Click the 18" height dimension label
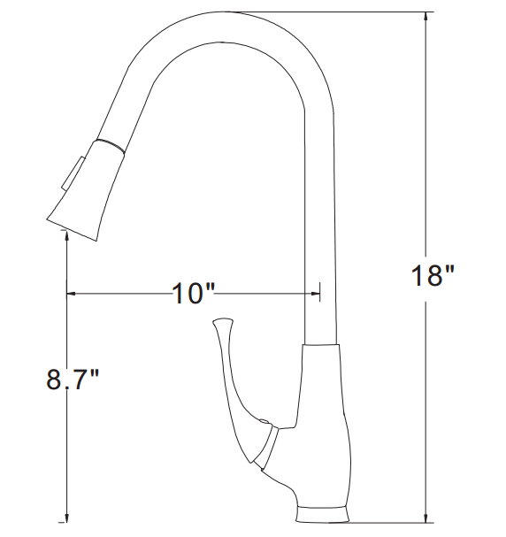point(433,276)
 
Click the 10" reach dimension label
point(193,294)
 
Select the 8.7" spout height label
point(73,380)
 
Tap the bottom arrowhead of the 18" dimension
point(425,518)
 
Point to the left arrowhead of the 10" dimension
point(71,294)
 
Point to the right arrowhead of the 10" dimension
point(315,294)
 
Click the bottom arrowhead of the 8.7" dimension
point(66,518)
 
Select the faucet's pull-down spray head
point(88,190)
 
